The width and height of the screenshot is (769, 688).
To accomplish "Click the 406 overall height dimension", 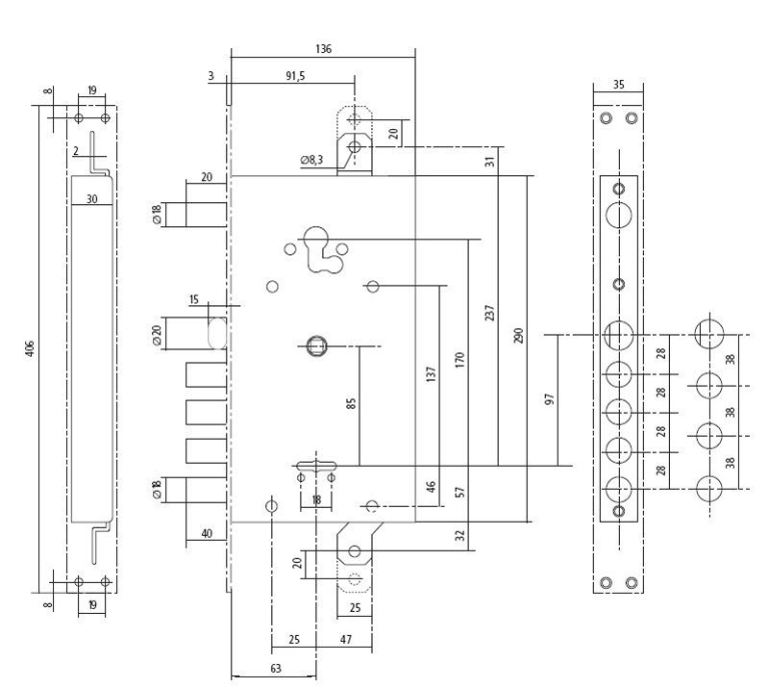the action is pyautogui.click(x=30, y=347).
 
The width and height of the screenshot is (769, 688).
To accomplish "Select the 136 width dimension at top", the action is pyautogui.click(x=323, y=49).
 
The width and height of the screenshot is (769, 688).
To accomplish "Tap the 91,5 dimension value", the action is pyautogui.click(x=295, y=76).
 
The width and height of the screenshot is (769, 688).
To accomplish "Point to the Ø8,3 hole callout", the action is pyautogui.click(x=311, y=160).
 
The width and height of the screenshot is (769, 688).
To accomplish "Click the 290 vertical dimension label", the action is pyautogui.click(x=519, y=336).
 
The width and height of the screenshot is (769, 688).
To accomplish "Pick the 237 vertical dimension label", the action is pyautogui.click(x=489, y=313).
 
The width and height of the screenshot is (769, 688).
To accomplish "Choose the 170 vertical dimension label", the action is pyautogui.click(x=459, y=360).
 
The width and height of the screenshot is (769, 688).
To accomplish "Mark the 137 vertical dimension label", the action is pyautogui.click(x=431, y=374).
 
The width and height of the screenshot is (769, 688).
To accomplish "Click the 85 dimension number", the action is pyautogui.click(x=351, y=404).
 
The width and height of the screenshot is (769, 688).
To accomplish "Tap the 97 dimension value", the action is pyautogui.click(x=550, y=398).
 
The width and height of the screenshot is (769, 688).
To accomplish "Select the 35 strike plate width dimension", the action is pyautogui.click(x=619, y=85).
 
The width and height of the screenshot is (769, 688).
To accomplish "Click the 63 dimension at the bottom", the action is pyautogui.click(x=276, y=669).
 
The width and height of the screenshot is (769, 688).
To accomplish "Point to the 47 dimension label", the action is pyautogui.click(x=346, y=639).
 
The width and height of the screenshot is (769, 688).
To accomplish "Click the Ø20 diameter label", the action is pyautogui.click(x=157, y=336).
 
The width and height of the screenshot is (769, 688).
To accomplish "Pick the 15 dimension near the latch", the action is pyautogui.click(x=194, y=299).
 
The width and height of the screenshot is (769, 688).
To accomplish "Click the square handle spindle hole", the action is pyautogui.click(x=315, y=346).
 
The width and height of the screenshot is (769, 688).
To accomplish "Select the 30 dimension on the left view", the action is pyautogui.click(x=91, y=199).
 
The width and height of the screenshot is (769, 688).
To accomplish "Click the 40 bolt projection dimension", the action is pyautogui.click(x=207, y=534).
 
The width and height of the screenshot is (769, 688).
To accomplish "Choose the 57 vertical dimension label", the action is pyautogui.click(x=459, y=492).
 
